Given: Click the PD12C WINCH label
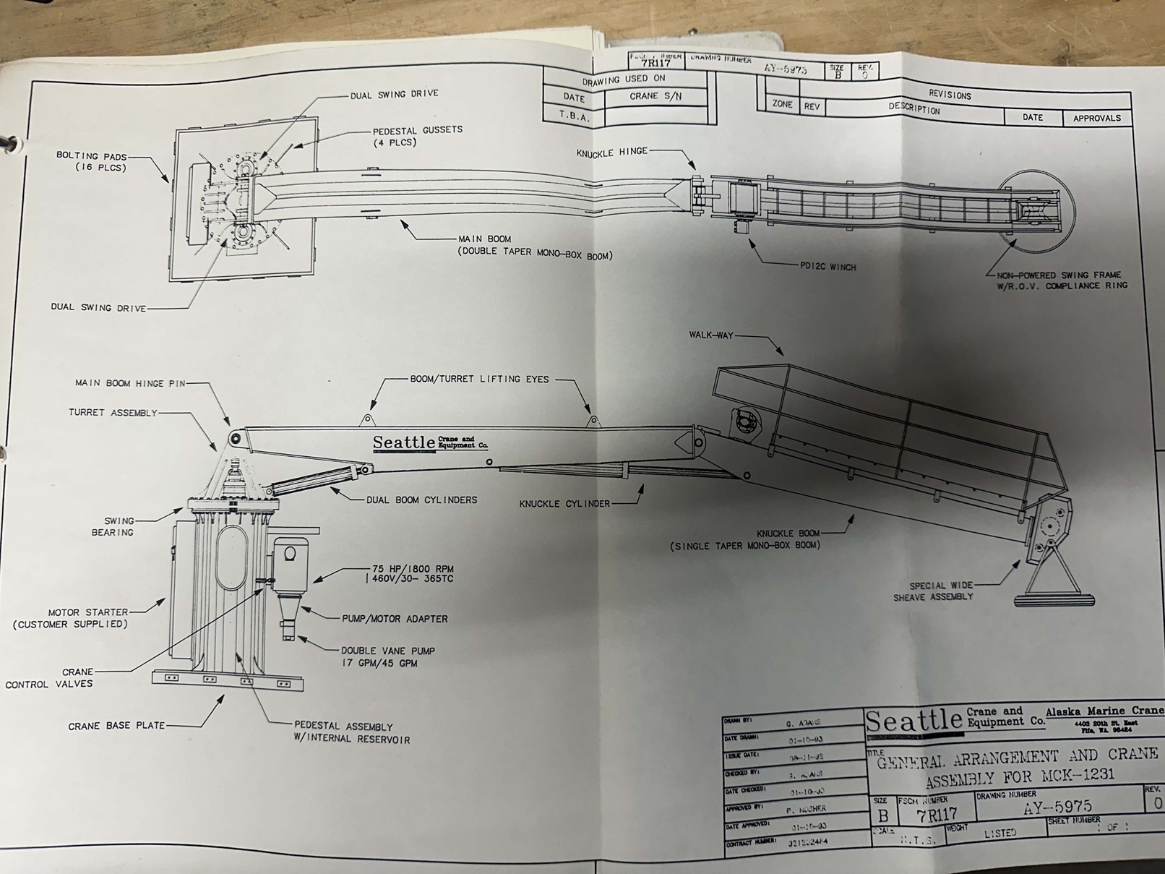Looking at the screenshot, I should [827, 267].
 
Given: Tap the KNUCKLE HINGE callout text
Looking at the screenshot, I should [611, 153].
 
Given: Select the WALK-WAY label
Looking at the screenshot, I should [711, 335].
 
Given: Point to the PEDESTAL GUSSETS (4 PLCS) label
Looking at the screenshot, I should [417, 136].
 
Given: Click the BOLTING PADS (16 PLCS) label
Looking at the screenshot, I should [91, 161].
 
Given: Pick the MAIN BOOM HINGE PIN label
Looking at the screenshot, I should [130, 382].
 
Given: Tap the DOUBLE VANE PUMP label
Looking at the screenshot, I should [387, 656].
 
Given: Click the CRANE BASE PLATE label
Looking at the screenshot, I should [116, 726].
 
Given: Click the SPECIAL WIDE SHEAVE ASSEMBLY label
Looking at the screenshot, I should [934, 591].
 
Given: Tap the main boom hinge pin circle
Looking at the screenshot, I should [234, 438].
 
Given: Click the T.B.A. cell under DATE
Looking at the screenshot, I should [574, 116].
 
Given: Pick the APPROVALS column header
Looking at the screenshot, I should [1096, 118].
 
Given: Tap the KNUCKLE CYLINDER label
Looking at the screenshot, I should [564, 503].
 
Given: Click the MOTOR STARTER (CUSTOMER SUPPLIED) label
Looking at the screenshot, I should [70, 618].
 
